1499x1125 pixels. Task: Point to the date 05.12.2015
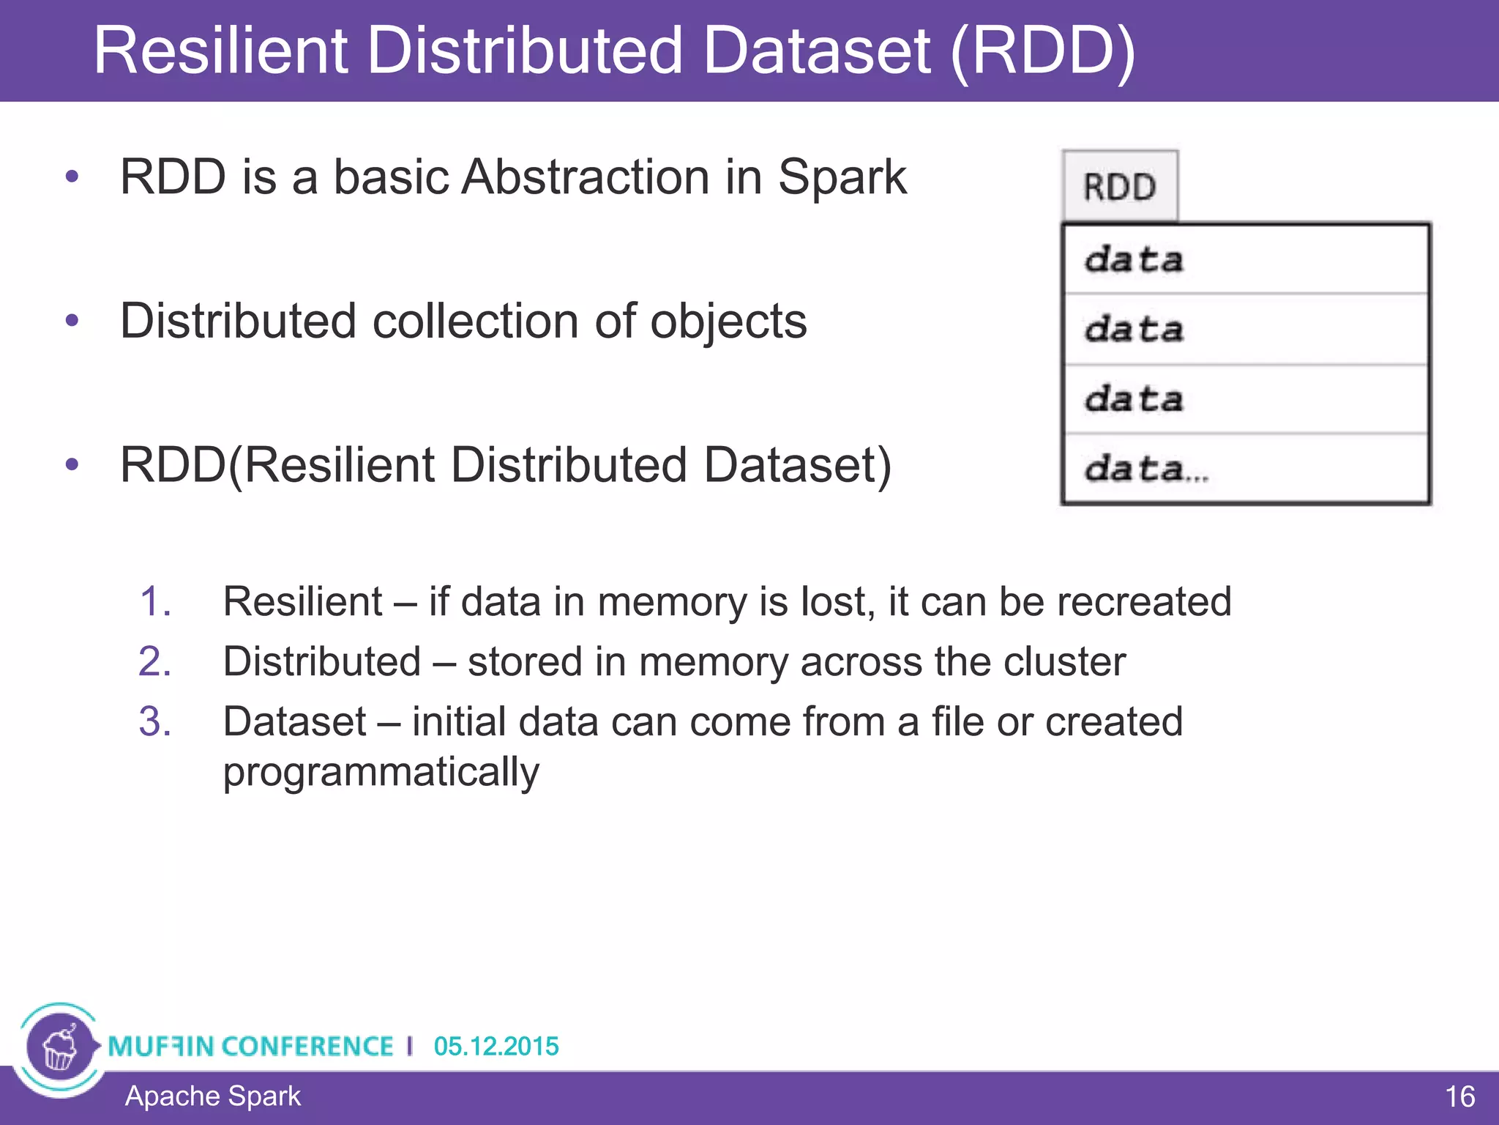click(x=496, y=1046)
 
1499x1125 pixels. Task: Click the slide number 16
click(x=1459, y=1096)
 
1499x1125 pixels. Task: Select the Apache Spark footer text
click(x=212, y=1096)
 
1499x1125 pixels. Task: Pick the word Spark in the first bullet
click(x=842, y=177)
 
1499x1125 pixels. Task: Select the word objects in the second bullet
click(x=728, y=322)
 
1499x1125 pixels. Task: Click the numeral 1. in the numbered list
click(x=155, y=601)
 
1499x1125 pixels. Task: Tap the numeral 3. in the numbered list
click(x=155, y=721)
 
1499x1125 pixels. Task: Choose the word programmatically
click(x=381, y=772)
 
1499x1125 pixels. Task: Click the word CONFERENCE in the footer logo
click(x=307, y=1046)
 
